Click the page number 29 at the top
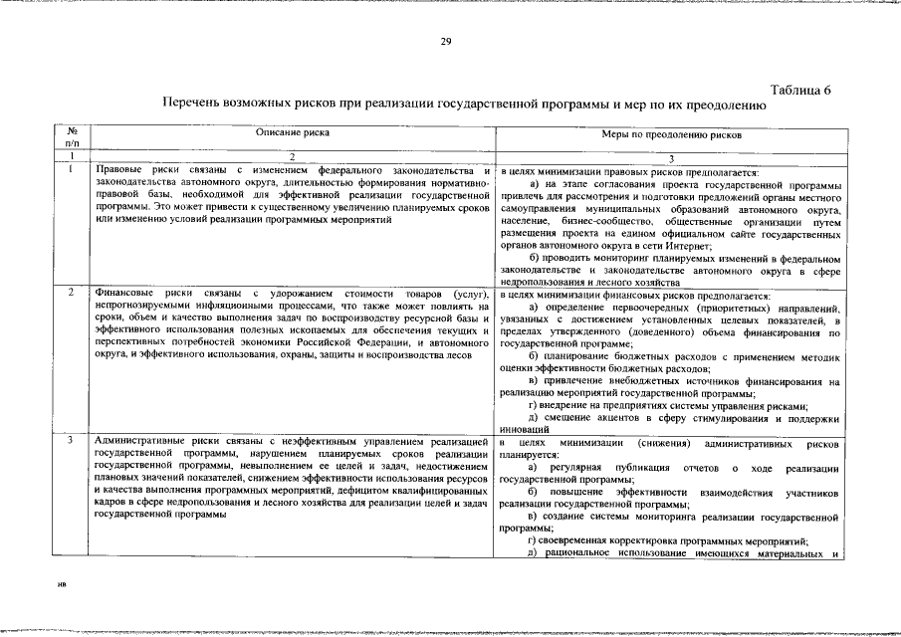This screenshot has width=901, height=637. click(447, 41)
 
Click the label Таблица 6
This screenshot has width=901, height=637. click(801, 91)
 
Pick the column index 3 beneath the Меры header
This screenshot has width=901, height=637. click(671, 157)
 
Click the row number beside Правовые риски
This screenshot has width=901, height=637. click(72, 169)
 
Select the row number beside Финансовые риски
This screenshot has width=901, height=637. click(72, 294)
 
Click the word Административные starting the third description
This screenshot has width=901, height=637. click(142, 441)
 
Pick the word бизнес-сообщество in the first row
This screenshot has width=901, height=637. click(602, 221)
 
